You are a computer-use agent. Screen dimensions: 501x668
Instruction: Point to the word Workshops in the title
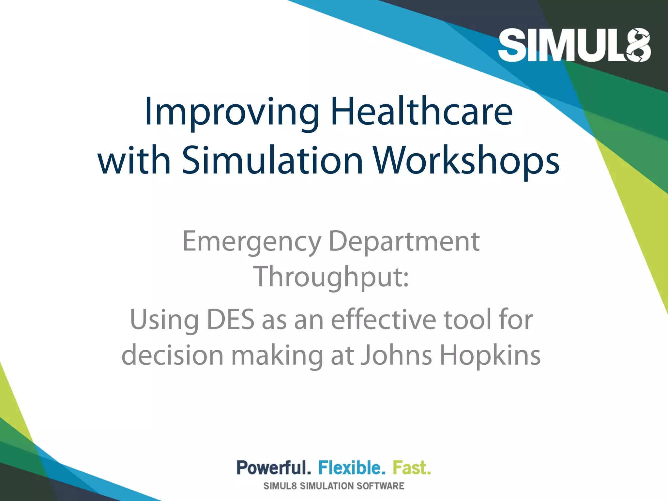pyautogui.click(x=466, y=160)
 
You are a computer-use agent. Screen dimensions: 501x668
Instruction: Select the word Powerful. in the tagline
pyautogui.click(x=273, y=468)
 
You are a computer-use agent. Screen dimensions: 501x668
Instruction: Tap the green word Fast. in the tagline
pyautogui.click(x=412, y=468)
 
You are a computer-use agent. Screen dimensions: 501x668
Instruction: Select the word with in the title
pyautogui.click(x=134, y=160)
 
